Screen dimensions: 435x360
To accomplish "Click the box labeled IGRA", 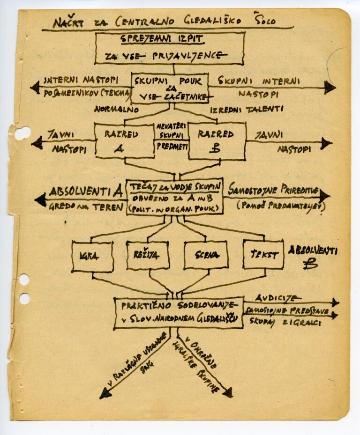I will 92,257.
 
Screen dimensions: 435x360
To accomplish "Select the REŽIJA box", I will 148,255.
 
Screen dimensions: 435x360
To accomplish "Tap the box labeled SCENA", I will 206,255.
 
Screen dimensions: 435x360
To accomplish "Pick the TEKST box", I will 263,255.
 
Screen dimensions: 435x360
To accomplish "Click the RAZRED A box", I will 124,140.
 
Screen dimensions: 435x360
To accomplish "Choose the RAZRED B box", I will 217,140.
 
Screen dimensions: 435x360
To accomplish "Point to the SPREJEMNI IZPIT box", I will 170,49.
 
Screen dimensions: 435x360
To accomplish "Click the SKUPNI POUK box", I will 169,88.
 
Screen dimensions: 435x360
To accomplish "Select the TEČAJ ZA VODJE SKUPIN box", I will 174,196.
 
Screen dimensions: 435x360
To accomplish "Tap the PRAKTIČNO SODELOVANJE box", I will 179,312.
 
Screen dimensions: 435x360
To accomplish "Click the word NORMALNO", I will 116,110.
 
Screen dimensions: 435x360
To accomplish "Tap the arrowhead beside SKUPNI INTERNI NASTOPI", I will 330,87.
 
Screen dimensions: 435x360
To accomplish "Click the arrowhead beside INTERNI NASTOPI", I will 35,88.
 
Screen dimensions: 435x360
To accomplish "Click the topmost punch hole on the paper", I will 22,133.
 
